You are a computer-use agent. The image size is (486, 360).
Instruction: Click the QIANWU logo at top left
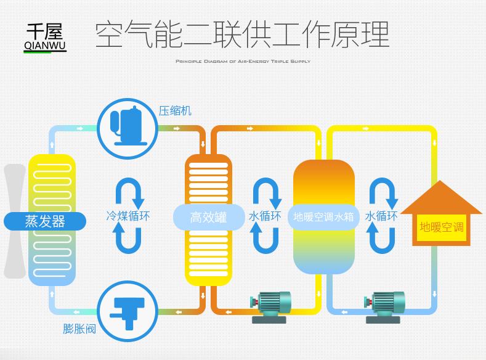pyautogui.click(x=45, y=38)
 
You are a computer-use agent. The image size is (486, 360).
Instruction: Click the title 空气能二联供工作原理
pyautogui.click(x=242, y=35)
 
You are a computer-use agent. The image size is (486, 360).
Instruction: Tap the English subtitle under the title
pyautogui.click(x=243, y=62)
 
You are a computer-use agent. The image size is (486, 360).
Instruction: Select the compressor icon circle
pyautogui.click(x=128, y=129)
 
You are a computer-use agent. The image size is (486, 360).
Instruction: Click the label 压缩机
pyautogui.click(x=175, y=111)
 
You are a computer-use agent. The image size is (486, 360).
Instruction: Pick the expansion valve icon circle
pyautogui.click(x=128, y=311)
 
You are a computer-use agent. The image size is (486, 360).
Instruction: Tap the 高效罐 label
pyautogui.click(x=208, y=217)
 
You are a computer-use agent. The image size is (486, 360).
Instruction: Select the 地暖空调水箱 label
pyautogui.click(x=323, y=217)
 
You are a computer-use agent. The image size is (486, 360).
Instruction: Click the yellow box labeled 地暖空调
pyautogui.click(x=441, y=227)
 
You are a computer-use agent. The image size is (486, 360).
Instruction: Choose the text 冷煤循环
pyautogui.click(x=128, y=216)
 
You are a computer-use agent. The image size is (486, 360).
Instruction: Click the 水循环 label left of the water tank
pyautogui.click(x=265, y=216)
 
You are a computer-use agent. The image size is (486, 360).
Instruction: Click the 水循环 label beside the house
pyautogui.click(x=381, y=216)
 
